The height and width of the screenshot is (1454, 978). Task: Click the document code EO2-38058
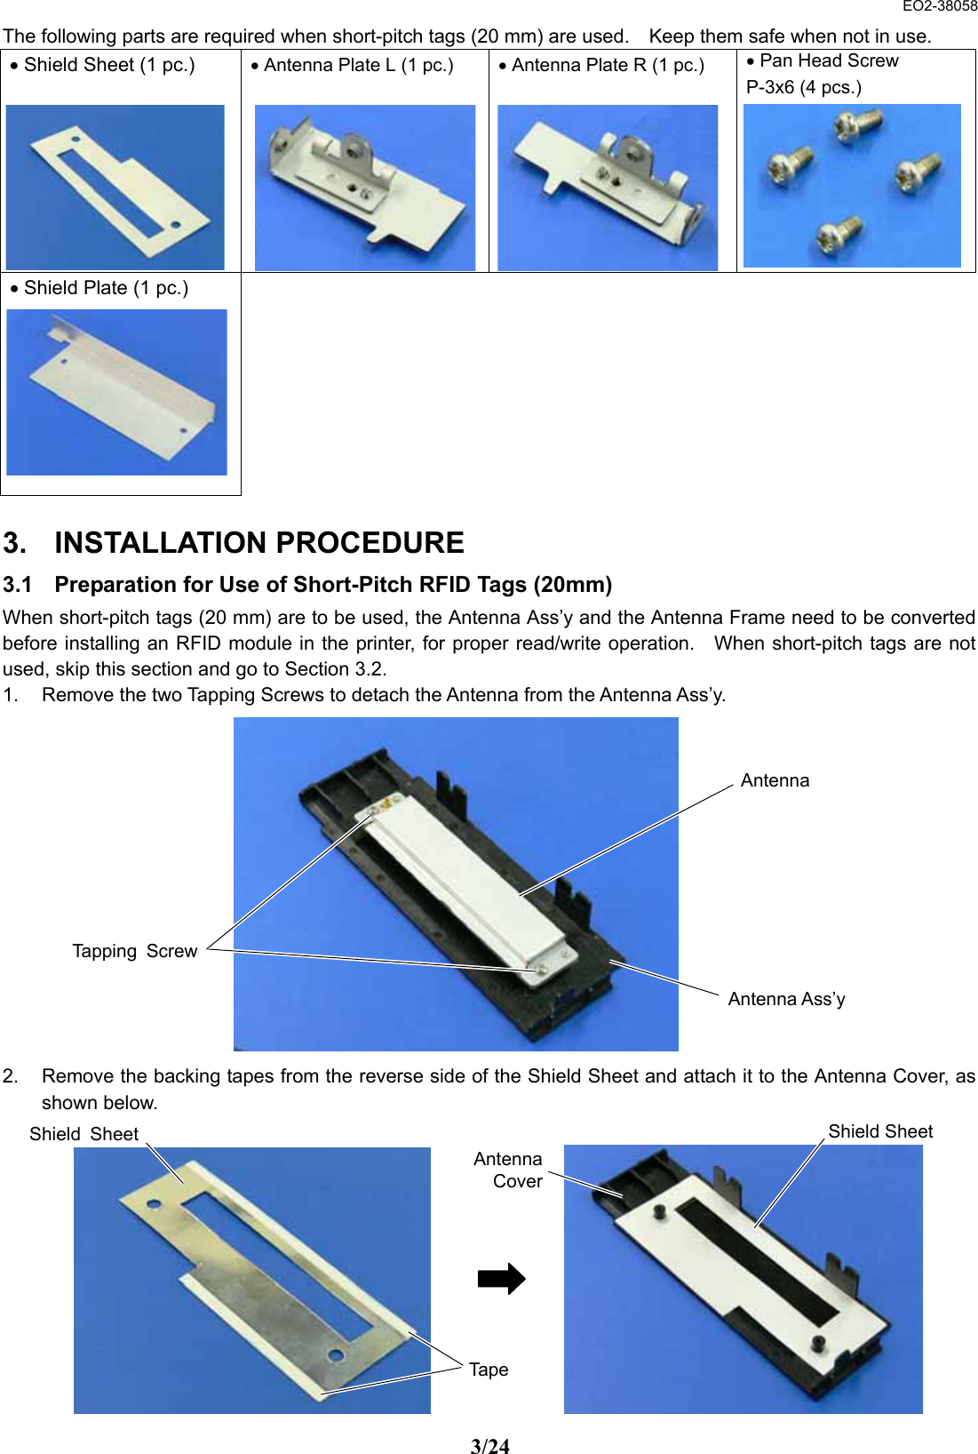click(x=939, y=6)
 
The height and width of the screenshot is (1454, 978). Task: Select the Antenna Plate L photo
click(x=364, y=188)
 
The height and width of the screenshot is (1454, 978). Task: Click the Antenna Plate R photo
click(x=608, y=188)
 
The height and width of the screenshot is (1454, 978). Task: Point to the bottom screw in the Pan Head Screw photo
click(x=838, y=235)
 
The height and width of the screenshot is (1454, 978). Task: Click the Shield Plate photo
click(x=116, y=392)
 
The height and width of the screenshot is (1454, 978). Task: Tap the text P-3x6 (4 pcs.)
click(x=803, y=88)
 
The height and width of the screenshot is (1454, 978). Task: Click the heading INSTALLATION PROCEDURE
click(x=258, y=543)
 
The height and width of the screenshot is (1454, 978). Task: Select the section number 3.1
click(x=17, y=585)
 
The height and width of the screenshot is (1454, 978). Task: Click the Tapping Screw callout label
click(x=134, y=952)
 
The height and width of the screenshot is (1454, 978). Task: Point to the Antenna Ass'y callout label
click(x=786, y=1000)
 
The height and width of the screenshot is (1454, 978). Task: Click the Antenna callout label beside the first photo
click(x=775, y=781)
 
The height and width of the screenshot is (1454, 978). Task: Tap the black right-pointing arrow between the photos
click(x=501, y=1279)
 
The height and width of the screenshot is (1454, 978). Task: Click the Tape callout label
click(x=489, y=1370)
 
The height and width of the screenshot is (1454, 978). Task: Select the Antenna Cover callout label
click(x=510, y=1170)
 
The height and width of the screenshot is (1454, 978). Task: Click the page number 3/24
click(x=489, y=1447)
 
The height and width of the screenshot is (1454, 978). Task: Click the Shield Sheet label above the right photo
click(x=879, y=1132)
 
